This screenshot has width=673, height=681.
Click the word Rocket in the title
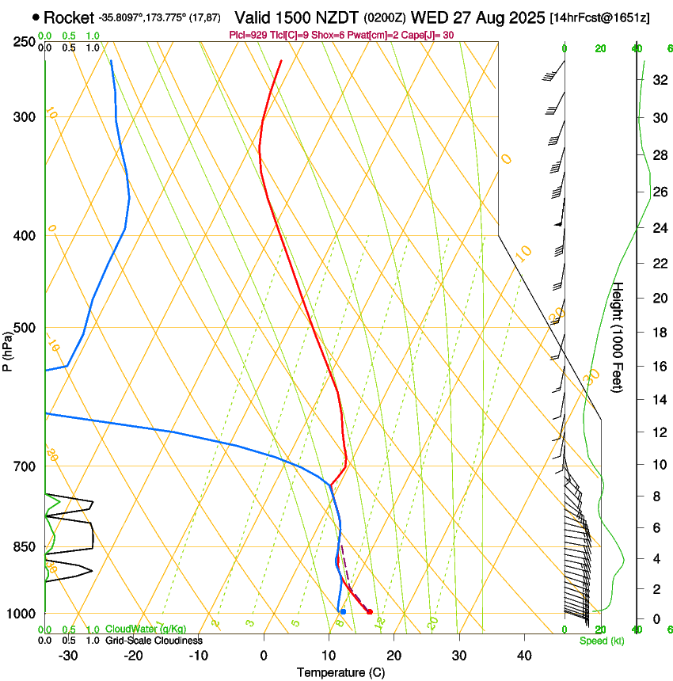coord(69,17)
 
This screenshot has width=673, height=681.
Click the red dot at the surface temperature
coord(370,611)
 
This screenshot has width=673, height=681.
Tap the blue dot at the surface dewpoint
coord(343,611)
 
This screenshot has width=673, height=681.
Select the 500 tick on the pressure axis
coord(24,328)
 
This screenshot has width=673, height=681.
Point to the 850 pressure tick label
coord(24,546)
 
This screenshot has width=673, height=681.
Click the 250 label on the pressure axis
coord(24,42)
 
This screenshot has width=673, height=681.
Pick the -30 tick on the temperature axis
coord(68,656)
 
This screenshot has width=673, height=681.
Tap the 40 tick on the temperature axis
coord(523,656)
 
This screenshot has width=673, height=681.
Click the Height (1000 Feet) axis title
coord(618,337)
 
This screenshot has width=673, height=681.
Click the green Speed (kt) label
coord(601,641)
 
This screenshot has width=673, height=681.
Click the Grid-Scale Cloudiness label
coord(154,641)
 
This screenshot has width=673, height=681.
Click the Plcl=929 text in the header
coord(249,35)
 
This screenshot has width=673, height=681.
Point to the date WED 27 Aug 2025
coord(473,17)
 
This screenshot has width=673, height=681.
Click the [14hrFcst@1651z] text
coord(599,17)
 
